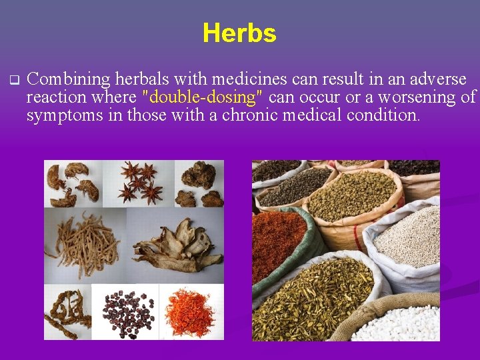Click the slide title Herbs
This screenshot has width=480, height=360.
click(239, 33)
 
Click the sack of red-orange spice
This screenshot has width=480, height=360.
click(279, 243)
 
